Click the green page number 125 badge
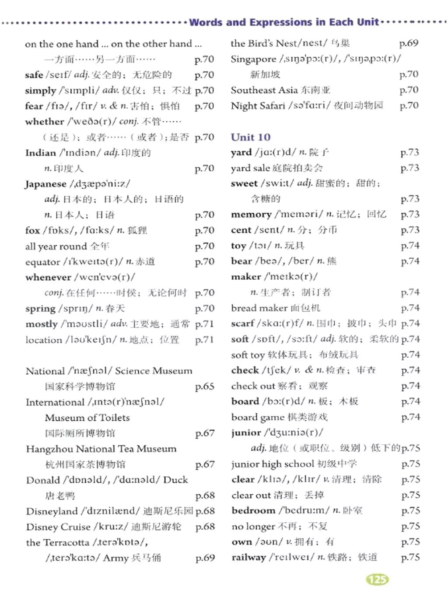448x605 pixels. [x=377, y=580]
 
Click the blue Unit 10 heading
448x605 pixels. [x=251, y=137]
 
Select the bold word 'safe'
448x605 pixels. [x=34, y=75]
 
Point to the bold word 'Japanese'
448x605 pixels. [x=45, y=184]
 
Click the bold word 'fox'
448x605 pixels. [x=32, y=230]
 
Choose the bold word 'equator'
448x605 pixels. [x=42, y=262]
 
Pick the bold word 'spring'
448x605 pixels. [x=40, y=309]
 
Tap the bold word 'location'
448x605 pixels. [x=44, y=340]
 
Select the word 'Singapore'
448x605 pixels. [x=253, y=59]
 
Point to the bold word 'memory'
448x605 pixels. [x=251, y=215]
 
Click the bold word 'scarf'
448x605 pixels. [x=243, y=324]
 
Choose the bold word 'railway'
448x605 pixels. [x=248, y=557]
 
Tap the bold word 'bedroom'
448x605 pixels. [x=253, y=510]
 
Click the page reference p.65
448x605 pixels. [x=205, y=387]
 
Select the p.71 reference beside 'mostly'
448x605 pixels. [x=205, y=324]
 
